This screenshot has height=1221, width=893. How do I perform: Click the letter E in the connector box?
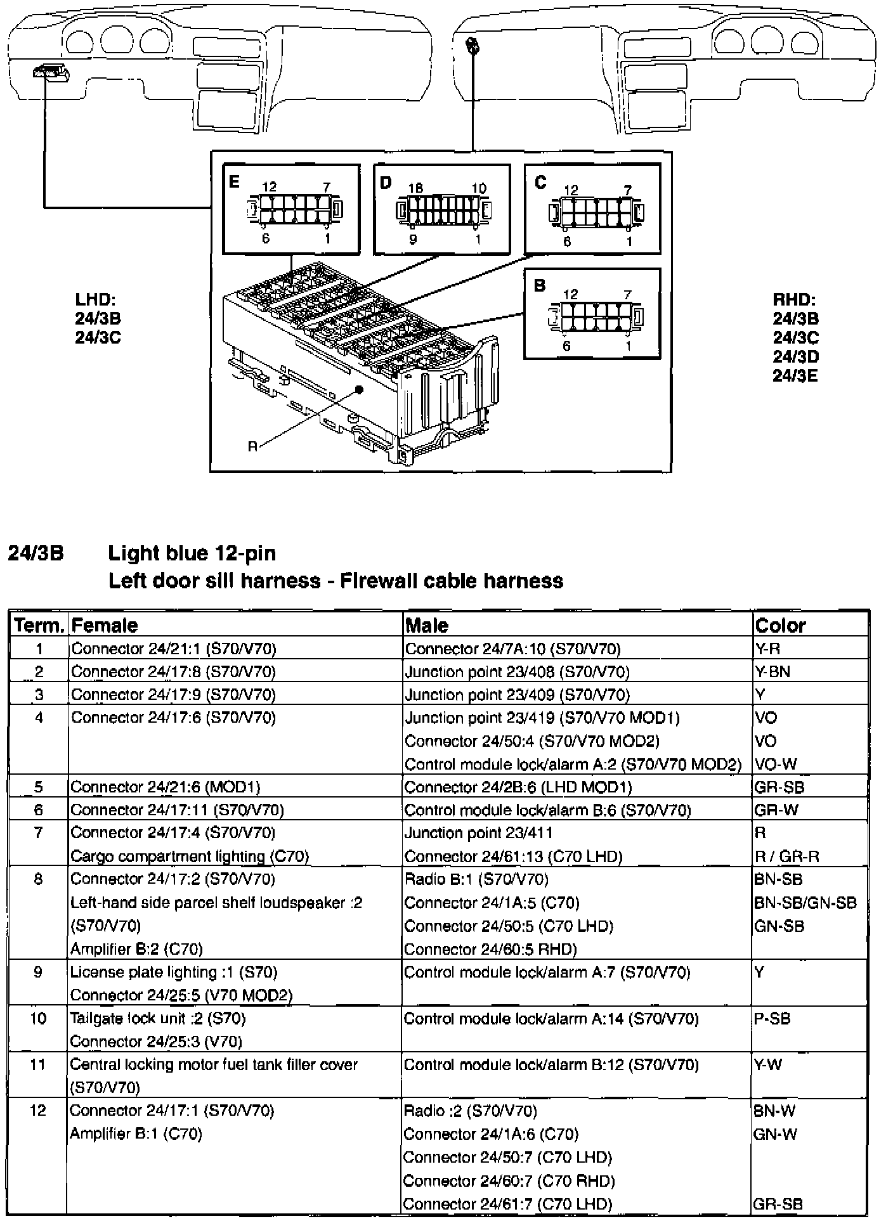(234, 182)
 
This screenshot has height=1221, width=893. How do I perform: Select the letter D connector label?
(386, 183)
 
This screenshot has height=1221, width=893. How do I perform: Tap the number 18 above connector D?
(415, 188)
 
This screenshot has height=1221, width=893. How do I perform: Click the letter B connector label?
(540, 285)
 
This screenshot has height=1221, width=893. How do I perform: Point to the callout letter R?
(252, 446)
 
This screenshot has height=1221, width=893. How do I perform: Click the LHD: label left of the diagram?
(95, 300)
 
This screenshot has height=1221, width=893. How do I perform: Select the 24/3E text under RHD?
(795, 376)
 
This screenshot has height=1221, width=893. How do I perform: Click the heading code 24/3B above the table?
(36, 553)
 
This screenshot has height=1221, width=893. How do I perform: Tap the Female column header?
(105, 626)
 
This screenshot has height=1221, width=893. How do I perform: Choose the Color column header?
(780, 626)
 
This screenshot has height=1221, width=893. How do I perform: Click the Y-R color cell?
(767, 649)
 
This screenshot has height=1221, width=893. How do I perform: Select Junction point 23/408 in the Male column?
(517, 671)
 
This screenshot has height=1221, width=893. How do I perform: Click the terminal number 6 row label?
(39, 810)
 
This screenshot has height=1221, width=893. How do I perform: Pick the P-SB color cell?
(772, 1019)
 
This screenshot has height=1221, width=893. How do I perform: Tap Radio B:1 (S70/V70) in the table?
(476, 879)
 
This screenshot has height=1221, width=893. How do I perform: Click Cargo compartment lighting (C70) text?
(190, 856)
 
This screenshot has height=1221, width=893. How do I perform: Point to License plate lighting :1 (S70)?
(174, 972)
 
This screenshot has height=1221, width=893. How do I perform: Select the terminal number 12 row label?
(38, 1110)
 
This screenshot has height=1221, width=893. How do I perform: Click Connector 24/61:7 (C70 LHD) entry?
(507, 1203)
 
